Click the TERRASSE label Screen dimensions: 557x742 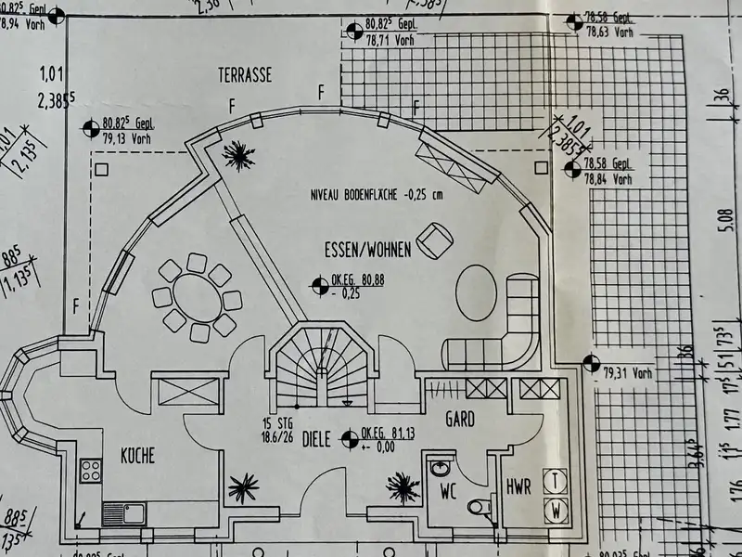tap(245, 75)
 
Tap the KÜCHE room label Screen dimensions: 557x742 tap(137, 456)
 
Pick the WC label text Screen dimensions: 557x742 tap(449, 486)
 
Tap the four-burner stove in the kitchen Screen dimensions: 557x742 tap(91, 471)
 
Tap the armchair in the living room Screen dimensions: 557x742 tap(433, 240)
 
